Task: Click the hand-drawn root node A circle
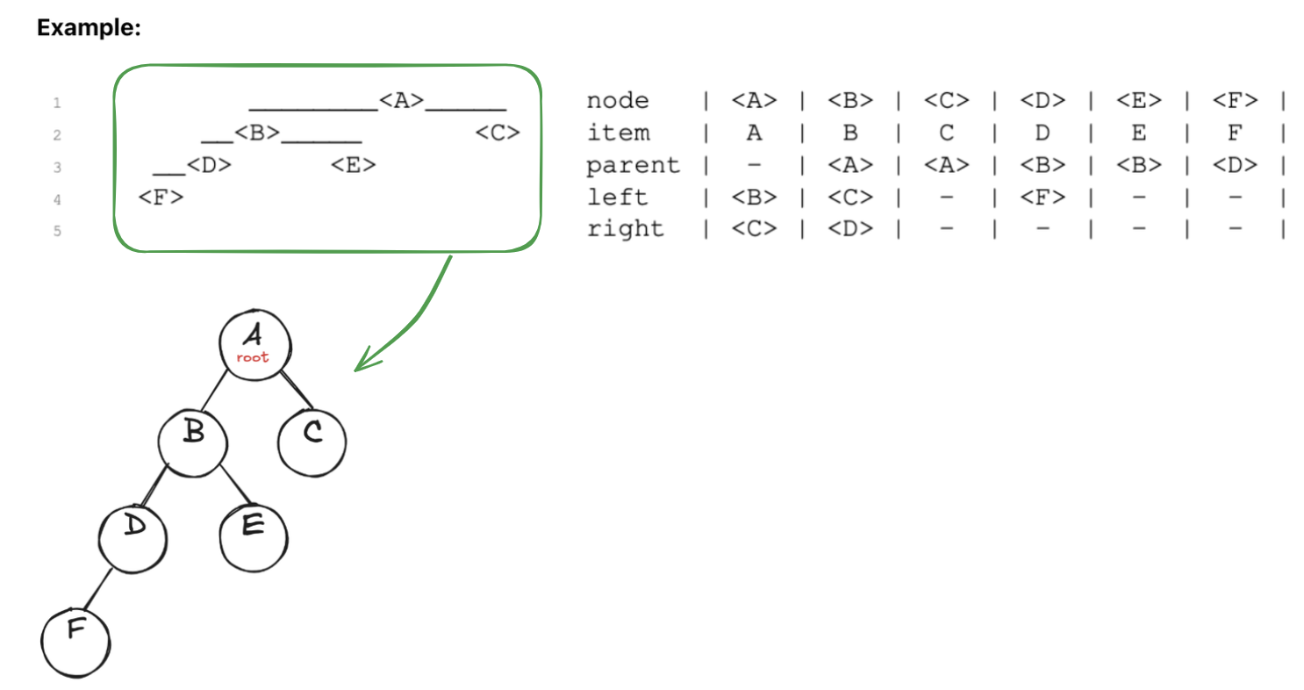coord(254,343)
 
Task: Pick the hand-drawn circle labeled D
coord(133,535)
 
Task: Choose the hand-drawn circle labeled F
coord(75,640)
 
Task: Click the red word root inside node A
coord(253,357)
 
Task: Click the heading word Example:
coord(89,28)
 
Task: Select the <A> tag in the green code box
coord(402,101)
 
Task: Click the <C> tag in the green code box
coord(498,133)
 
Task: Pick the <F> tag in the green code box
coord(161,198)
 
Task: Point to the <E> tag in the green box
coord(354,165)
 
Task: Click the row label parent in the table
coord(633,165)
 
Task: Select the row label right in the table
coord(625,229)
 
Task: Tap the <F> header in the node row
coord(1235,101)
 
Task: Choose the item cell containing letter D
coord(1042,133)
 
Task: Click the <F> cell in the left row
coord(1042,198)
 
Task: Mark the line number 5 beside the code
coord(57,233)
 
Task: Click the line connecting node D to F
coord(98,588)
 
